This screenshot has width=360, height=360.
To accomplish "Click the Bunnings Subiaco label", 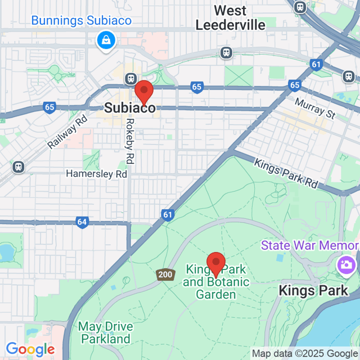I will point(82,21).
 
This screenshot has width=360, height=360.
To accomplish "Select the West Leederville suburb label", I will point(222,18).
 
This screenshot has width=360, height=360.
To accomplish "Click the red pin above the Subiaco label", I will point(144,91).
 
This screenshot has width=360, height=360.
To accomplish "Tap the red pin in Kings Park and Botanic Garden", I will point(216,264).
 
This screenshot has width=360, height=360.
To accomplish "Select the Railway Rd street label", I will point(68,133).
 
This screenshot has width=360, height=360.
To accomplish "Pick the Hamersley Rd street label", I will point(96,174).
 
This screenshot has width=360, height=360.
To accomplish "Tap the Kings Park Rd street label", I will point(286,173).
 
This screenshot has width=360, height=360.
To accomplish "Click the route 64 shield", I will point(82,222).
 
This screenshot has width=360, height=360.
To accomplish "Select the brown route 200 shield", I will point(165,274).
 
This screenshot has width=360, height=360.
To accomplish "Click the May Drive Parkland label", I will point(105,332).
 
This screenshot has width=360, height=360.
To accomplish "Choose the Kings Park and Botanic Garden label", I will point(216,282).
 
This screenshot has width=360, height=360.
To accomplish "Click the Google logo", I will point(30,349).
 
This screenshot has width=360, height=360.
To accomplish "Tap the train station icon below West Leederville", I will point(226,52).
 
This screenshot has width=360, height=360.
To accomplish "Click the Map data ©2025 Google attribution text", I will point(305,353).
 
